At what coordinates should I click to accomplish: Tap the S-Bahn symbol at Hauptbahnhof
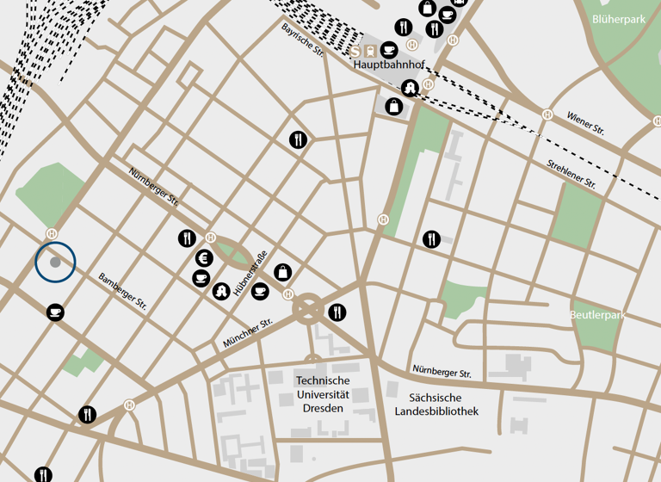[355, 50]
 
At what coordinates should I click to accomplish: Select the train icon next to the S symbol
[371, 50]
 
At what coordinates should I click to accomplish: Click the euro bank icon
[205, 257]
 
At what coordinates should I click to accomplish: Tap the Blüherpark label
[618, 19]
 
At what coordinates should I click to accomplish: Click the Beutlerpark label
[596, 316]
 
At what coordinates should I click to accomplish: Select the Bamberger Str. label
[122, 291]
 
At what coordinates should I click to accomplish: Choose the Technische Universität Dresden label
[323, 393]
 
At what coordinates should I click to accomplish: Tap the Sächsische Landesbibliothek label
[436, 405]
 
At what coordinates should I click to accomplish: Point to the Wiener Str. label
[585, 121]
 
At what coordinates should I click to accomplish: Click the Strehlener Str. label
[571, 173]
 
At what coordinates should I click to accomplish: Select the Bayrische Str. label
[301, 40]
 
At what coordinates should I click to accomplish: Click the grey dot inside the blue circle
[55, 262]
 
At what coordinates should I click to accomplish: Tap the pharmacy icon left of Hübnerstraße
[221, 291]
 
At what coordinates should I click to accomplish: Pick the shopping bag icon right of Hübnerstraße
[282, 272]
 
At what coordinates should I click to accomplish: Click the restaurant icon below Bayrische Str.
[298, 139]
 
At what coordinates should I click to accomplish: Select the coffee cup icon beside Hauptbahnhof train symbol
[389, 50]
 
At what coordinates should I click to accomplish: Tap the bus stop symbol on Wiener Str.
[547, 114]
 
